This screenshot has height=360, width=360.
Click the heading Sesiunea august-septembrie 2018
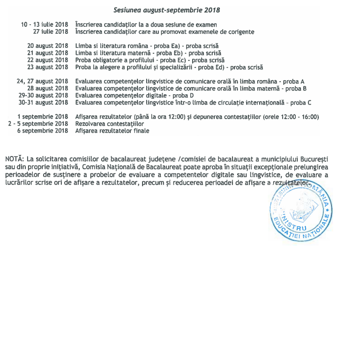point(167,10)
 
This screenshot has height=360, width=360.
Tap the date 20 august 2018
point(48,46)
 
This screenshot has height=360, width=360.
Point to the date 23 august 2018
point(48,67)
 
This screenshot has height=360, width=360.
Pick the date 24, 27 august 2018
point(43,81)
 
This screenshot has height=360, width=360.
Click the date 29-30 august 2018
point(46,95)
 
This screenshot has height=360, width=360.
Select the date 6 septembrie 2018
point(43,131)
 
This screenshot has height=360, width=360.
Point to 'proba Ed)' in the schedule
point(213,67)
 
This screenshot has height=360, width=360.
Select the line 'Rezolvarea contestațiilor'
point(109,124)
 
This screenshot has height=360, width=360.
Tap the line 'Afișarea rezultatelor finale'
point(112,131)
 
